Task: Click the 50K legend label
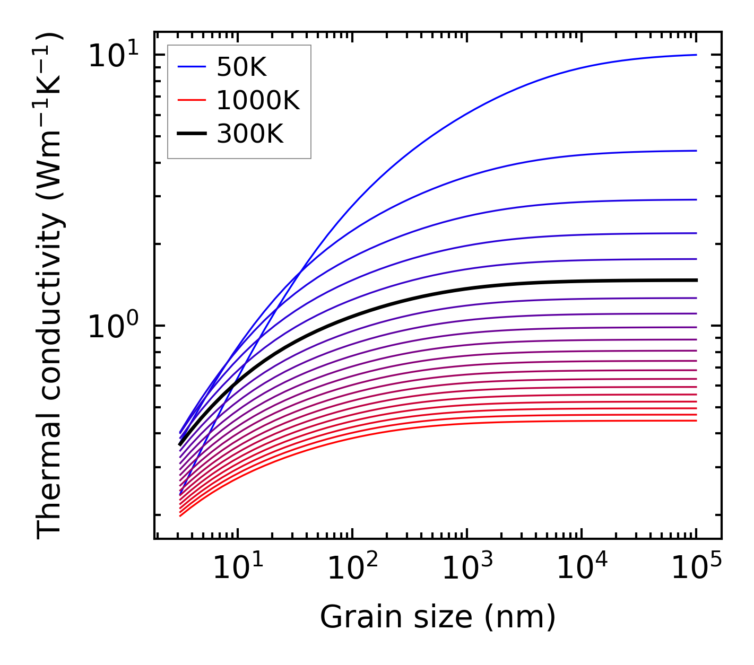click(241, 67)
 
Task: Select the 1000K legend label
click(258, 100)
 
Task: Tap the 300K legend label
click(250, 134)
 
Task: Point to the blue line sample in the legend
click(191, 67)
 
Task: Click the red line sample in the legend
click(191, 100)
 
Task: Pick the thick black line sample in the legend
click(191, 134)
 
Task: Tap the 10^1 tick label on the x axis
click(237, 568)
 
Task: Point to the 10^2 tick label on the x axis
click(352, 568)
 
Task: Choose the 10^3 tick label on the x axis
click(467, 568)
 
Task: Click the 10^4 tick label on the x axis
click(582, 568)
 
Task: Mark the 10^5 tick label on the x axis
click(696, 568)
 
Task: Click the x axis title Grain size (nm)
click(438, 618)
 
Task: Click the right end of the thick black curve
click(696, 280)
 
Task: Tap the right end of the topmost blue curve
click(696, 55)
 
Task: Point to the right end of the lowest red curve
click(696, 421)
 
